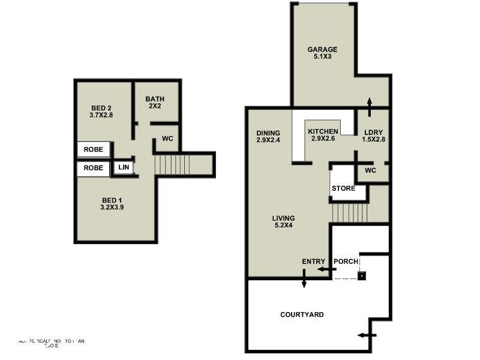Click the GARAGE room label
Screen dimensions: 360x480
coord(322,50)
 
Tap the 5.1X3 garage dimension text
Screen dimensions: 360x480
coord(322,58)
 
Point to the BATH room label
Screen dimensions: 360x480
coord(155,100)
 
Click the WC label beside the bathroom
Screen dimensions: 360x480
coord(167,139)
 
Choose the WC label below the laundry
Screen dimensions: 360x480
coord(370,170)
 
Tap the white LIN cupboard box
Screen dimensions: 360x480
coord(124,167)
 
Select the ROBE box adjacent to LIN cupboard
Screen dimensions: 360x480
coord(93,169)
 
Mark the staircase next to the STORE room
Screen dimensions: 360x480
coord(350,212)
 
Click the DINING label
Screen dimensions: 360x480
coord(268,133)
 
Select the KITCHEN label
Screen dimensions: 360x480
coord(323,131)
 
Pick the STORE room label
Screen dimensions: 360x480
coord(343,188)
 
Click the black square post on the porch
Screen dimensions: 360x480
coord(362,276)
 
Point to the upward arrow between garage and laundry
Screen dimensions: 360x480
coord(368,107)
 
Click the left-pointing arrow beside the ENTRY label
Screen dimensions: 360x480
coord(325,269)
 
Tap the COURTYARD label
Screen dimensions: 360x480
coord(302,314)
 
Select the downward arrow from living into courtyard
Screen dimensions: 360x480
coord(304,278)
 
